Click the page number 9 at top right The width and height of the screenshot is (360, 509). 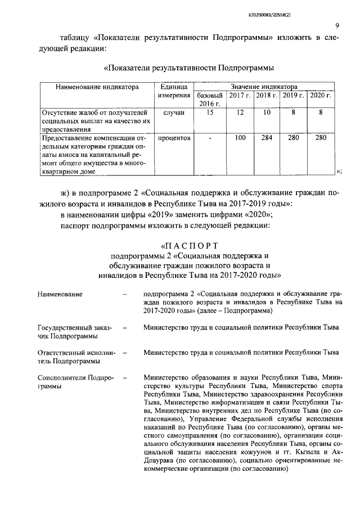pyautogui.click(x=336, y=25)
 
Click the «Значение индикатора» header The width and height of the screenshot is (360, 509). pyautogui.click(x=264, y=87)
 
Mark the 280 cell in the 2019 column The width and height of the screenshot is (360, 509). pyautogui.click(x=293, y=137)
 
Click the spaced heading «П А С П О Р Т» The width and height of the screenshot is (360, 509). pyautogui.click(x=188, y=246)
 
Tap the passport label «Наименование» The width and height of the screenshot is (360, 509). pyautogui.click(x=60, y=294)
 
